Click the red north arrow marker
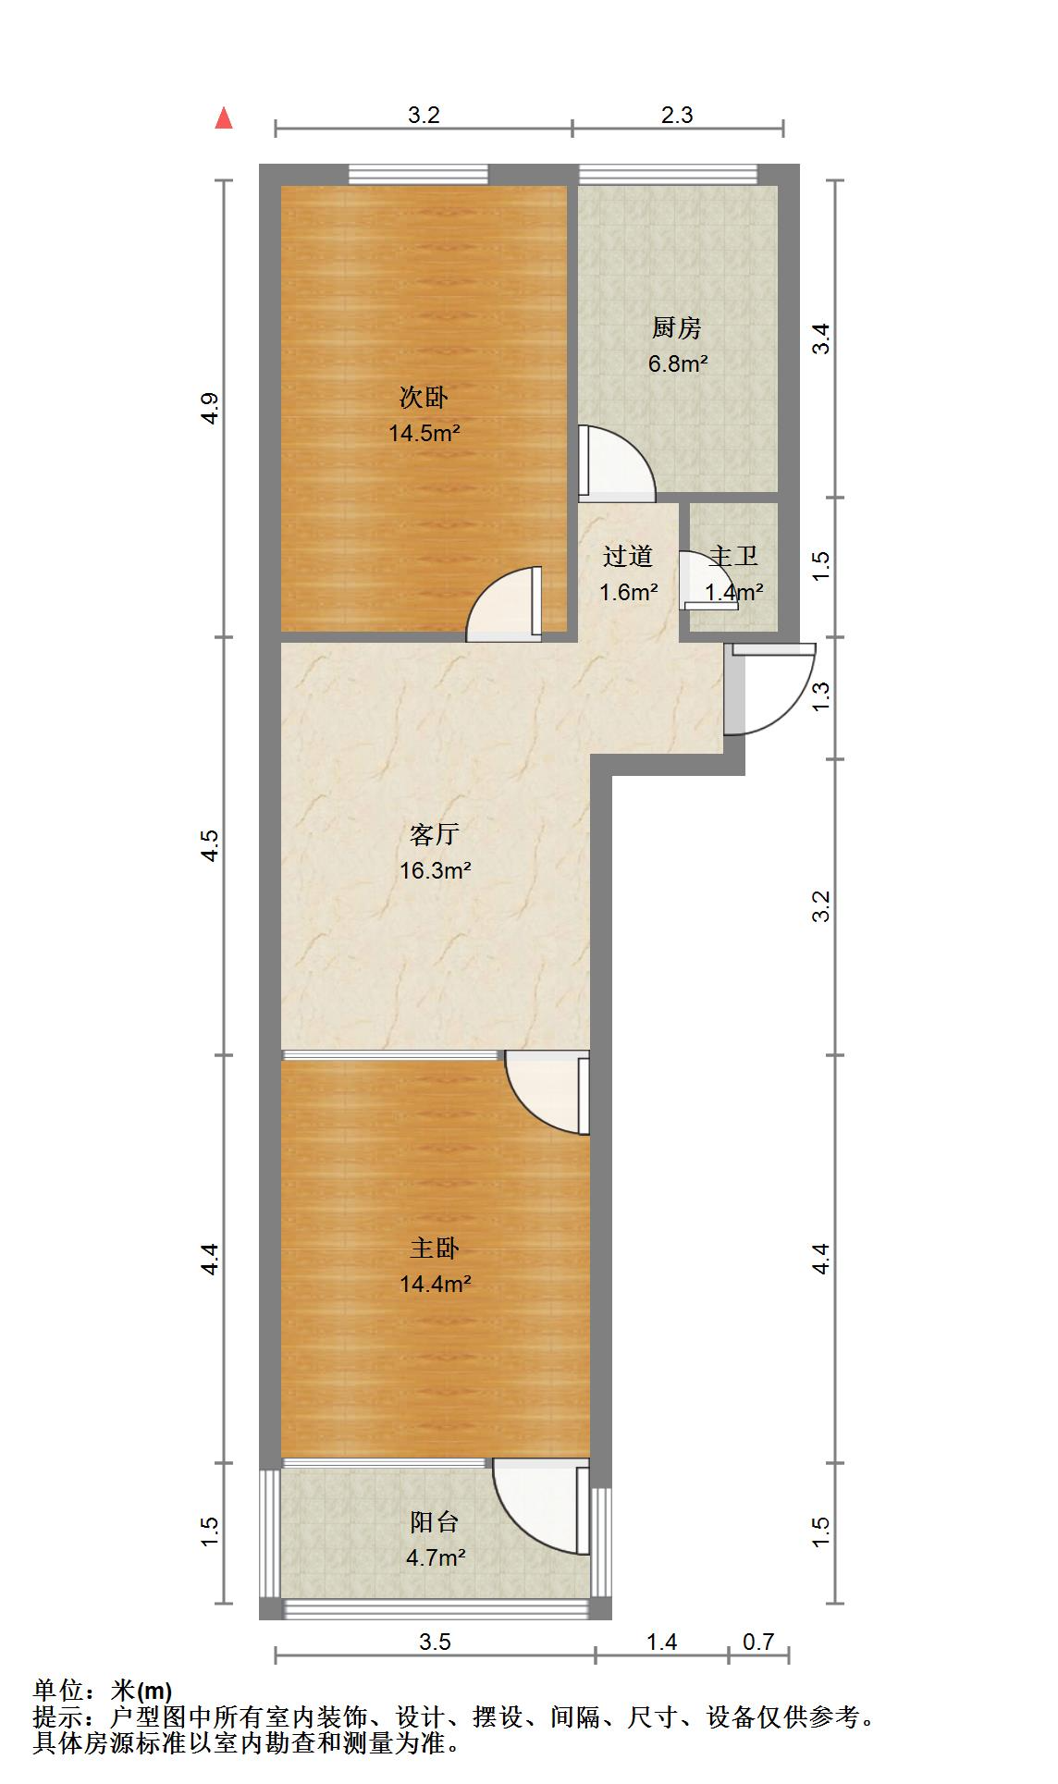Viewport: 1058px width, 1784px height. click(x=223, y=117)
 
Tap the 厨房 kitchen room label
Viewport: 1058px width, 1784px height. click(x=677, y=327)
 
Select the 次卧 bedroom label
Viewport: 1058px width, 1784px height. click(x=424, y=398)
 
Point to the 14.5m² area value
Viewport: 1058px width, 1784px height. click(x=424, y=433)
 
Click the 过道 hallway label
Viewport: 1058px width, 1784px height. click(x=628, y=556)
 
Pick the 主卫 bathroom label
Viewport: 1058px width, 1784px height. click(x=733, y=556)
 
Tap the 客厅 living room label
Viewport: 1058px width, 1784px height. click(x=435, y=835)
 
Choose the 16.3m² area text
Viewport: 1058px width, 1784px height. click(x=436, y=870)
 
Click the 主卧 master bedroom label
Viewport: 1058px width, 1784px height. click(x=435, y=1249)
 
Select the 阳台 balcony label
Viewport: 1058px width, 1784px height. click(x=435, y=1522)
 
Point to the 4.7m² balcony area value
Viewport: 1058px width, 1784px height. click(x=436, y=1557)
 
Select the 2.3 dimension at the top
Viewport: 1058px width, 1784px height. click(x=677, y=115)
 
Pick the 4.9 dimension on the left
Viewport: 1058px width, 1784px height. click(x=210, y=408)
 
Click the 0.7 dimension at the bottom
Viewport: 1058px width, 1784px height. click(x=758, y=1642)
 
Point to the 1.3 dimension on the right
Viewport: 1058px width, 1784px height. click(x=821, y=695)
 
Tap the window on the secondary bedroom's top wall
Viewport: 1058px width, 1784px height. click(x=418, y=174)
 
